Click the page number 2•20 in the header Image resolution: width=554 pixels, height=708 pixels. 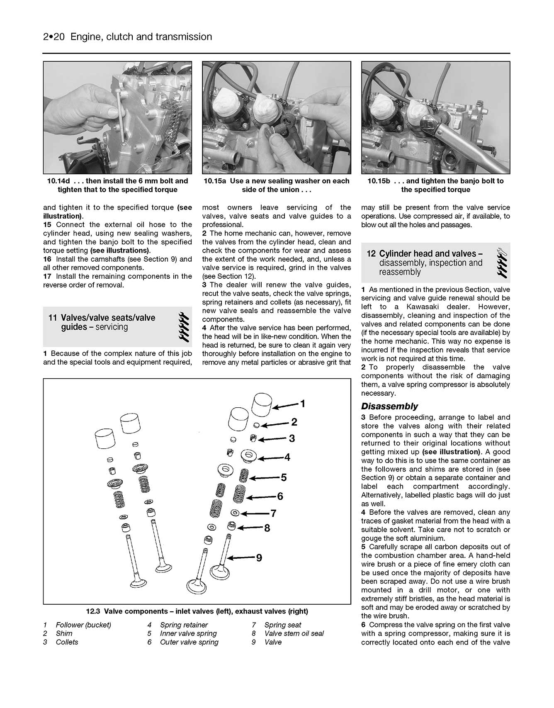click(54, 37)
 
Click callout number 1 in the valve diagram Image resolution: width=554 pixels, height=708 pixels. click(303, 404)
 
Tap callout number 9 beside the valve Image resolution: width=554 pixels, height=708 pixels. click(259, 558)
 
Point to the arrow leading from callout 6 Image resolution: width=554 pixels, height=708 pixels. click(261, 497)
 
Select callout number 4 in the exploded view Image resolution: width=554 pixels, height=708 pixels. click(287, 457)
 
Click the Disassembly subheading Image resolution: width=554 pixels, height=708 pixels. click(389, 406)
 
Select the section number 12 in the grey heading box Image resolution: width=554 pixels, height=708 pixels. click(371, 254)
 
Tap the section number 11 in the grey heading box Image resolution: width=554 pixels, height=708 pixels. click(53, 318)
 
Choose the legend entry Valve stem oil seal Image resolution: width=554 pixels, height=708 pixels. click(294, 633)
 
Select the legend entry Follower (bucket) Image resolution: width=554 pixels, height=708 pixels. click(83, 625)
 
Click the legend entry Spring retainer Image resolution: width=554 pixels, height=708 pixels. click(184, 625)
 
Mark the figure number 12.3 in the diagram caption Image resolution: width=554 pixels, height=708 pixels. click(93, 611)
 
